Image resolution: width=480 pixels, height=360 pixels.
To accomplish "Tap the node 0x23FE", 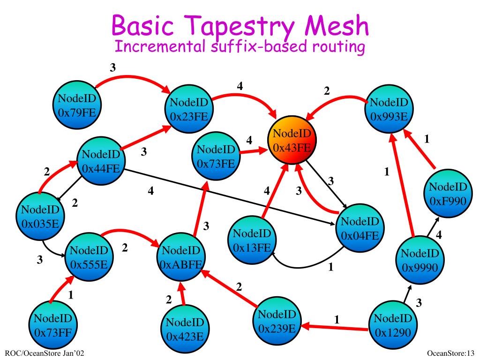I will click(x=189, y=109).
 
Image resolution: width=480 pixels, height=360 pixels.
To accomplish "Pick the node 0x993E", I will click(x=389, y=109).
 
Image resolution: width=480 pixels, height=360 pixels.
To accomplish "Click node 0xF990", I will click(x=448, y=193).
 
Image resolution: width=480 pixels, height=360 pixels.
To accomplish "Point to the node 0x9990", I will click(x=420, y=261).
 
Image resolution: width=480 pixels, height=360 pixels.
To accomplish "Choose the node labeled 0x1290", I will click(x=392, y=325).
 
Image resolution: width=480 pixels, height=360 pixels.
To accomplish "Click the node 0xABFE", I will click(x=182, y=257).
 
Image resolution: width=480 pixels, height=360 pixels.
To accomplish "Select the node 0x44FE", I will click(x=101, y=161).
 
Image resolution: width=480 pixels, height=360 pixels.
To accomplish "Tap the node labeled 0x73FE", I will click(x=216, y=156).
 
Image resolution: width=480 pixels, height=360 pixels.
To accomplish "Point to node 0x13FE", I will click(x=251, y=239).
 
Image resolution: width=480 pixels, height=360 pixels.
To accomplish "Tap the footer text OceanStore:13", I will click(x=451, y=352).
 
